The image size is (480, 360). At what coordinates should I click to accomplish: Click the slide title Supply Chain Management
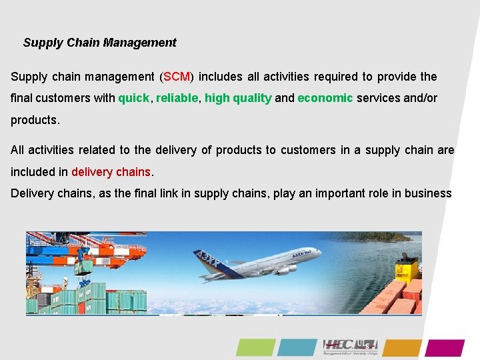tap(99, 43)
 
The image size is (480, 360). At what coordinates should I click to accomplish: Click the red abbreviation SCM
tap(177, 77)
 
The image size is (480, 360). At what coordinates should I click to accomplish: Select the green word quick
tap(134, 98)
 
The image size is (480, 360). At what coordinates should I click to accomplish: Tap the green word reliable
tap(177, 98)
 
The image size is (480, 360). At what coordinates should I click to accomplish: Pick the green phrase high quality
tap(238, 98)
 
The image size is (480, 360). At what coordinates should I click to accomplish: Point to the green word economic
tap(325, 98)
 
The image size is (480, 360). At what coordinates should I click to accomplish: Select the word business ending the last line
tap(428, 193)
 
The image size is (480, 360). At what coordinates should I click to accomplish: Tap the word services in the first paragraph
tap(379, 98)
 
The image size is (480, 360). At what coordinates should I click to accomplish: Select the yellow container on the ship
tap(406, 269)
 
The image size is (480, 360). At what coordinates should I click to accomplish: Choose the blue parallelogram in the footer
tap(297, 347)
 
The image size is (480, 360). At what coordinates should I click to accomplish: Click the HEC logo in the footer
tap(350, 346)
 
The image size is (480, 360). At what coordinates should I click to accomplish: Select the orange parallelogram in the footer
tap(402, 347)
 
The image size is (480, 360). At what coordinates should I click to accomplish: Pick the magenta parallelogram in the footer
tap(445, 347)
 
